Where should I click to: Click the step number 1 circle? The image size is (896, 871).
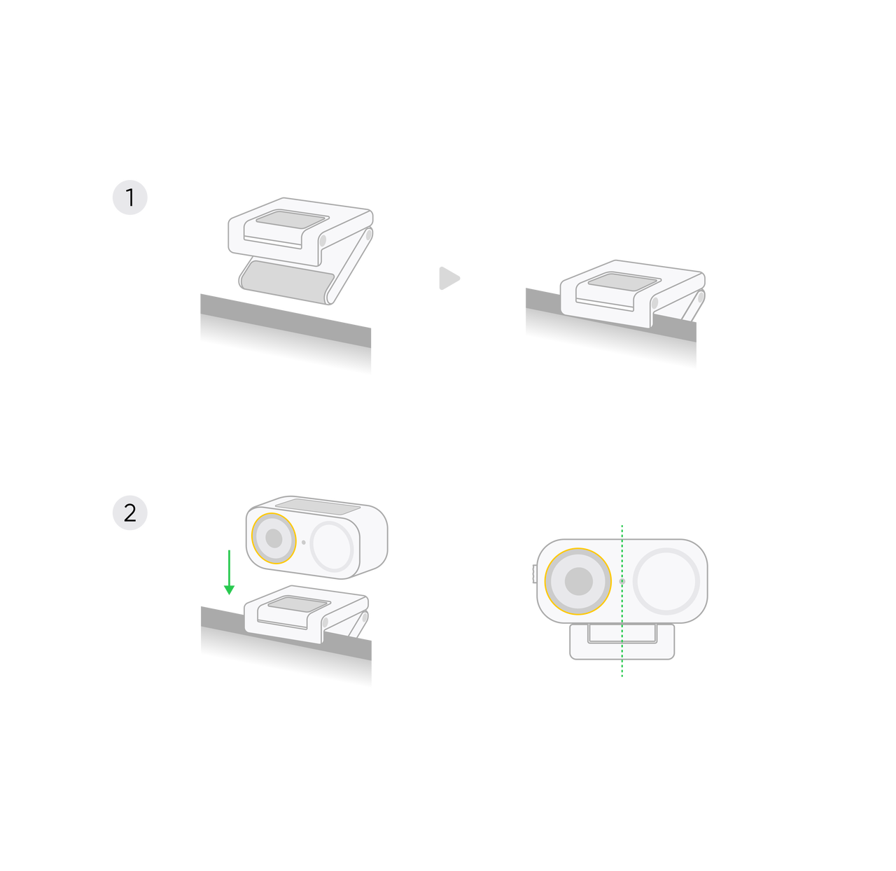coord(130,198)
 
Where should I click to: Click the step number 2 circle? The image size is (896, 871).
coord(130,513)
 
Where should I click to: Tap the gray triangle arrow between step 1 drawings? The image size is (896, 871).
coord(449,279)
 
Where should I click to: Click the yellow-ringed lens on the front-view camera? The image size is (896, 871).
coord(578,581)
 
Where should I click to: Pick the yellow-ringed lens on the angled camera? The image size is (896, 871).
coord(273,538)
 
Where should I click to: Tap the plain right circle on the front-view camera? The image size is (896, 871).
coord(666,581)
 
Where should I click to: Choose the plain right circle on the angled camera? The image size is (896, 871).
coord(332,545)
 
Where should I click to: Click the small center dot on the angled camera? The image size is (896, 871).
coord(303,542)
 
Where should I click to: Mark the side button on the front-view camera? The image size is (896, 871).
coord(533,573)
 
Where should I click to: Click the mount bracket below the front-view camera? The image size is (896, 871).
coord(622,643)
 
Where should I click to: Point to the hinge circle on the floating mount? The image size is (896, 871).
coord(323,240)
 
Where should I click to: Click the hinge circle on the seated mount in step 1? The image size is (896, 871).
coord(654,303)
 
